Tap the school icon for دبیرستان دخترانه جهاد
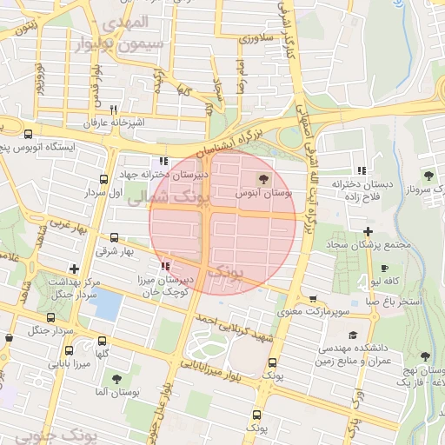[163, 161]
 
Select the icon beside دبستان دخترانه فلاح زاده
[361, 170]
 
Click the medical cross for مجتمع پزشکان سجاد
[369, 232]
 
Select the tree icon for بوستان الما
[116, 379]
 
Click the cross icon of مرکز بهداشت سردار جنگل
[74, 269]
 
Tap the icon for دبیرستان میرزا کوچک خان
[165, 266]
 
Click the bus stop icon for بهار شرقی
[115, 237]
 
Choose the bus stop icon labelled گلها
[103, 342]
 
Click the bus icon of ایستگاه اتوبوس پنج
[30, 135]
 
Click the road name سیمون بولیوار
[118, 44]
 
